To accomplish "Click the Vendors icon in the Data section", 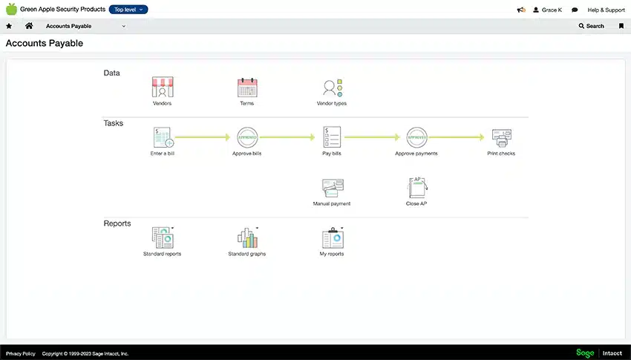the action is [x=163, y=87].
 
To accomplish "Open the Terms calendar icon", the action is [x=247, y=88].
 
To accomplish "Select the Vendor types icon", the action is [x=333, y=88].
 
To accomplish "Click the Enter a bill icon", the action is [x=163, y=137].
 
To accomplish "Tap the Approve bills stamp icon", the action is [x=247, y=137].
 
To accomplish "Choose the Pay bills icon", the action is [x=332, y=137].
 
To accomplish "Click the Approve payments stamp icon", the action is [x=416, y=137].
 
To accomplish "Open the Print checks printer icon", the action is [x=502, y=138].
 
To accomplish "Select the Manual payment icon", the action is [x=333, y=188].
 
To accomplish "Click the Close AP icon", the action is [x=417, y=188].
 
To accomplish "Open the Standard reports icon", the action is [x=163, y=238].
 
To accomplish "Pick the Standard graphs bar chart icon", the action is [x=247, y=238].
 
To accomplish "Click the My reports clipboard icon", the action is [x=333, y=238].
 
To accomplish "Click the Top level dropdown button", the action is [x=128, y=9].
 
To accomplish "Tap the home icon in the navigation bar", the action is [x=29, y=26].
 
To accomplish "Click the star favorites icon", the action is [x=9, y=26].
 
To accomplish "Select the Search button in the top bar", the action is [x=591, y=26].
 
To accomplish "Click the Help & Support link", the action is [x=606, y=10].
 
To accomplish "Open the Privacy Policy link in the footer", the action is [x=21, y=353].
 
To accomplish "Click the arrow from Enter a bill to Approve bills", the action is [x=203, y=137].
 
